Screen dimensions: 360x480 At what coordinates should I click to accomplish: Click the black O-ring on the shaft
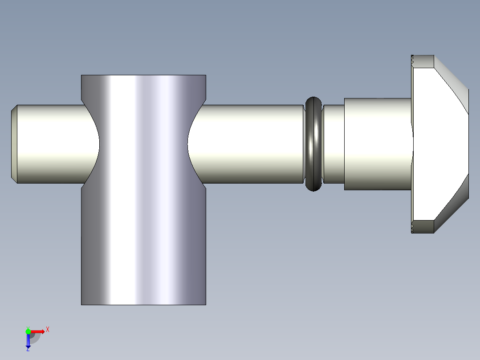click(314, 144)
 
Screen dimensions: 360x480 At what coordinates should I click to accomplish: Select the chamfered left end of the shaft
click(14, 144)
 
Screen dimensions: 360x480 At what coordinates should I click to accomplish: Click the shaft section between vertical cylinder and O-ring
click(249, 144)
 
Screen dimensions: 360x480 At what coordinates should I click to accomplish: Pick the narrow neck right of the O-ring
click(333, 144)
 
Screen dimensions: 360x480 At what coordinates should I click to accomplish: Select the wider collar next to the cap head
click(378, 144)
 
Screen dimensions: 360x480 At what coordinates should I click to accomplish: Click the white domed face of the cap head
click(439, 144)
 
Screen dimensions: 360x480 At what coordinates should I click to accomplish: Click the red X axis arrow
click(38, 331)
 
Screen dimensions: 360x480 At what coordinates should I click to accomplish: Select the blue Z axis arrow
click(28, 340)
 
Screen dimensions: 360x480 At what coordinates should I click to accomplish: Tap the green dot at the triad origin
click(28, 331)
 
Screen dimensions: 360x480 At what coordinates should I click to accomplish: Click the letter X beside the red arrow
click(47, 330)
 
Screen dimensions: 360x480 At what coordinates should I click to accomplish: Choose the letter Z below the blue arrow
click(28, 349)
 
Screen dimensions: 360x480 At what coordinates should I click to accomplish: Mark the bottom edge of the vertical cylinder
click(143, 305)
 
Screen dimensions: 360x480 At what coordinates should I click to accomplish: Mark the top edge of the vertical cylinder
click(143, 75)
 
